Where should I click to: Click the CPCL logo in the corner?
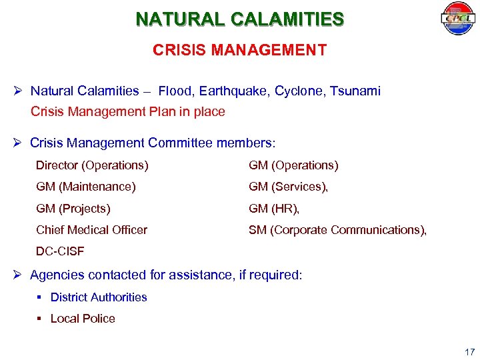click(x=457, y=19)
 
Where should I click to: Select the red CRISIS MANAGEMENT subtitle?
click(x=240, y=51)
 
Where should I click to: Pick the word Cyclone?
click(x=297, y=91)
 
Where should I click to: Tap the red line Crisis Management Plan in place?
click(x=128, y=112)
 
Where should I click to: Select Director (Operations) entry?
click(x=92, y=165)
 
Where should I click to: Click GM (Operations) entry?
click(x=293, y=165)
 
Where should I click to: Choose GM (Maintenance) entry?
click(x=86, y=187)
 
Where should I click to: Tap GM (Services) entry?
click(x=288, y=187)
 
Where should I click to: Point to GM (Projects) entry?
click(x=73, y=209)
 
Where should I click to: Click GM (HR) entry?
click(x=274, y=209)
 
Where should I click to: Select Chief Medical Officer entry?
click(x=91, y=230)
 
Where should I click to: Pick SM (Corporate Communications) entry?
click(x=337, y=230)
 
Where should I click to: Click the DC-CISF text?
click(x=61, y=251)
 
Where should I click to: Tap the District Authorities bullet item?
click(x=99, y=297)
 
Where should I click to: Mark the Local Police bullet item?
click(x=83, y=319)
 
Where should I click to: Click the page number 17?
click(x=469, y=351)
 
